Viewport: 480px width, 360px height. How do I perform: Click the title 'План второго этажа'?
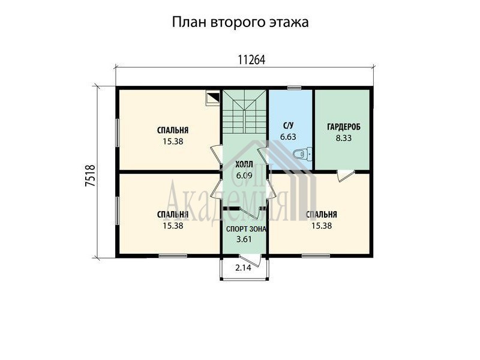240,23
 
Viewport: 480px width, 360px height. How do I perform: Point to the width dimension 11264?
251,61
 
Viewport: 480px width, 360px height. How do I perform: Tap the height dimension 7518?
91,176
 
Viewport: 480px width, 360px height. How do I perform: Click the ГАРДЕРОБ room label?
344,127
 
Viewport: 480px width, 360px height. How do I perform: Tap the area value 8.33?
344,138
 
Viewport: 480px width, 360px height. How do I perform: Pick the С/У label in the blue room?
288,125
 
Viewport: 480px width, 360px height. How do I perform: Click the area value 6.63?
288,137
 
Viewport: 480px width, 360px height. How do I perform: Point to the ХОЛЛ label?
244,164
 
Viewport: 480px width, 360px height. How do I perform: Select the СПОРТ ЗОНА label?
246,229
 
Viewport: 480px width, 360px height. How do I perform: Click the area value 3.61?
244,239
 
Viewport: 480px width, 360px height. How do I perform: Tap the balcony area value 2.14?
243,268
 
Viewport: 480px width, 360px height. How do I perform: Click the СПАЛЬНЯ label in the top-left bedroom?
173,130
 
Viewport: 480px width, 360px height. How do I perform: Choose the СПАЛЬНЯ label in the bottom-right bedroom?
322,215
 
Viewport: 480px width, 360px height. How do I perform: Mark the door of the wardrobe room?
345,176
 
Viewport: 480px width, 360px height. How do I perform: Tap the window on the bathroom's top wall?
295,88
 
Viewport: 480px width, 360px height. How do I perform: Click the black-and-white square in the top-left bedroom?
213,98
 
